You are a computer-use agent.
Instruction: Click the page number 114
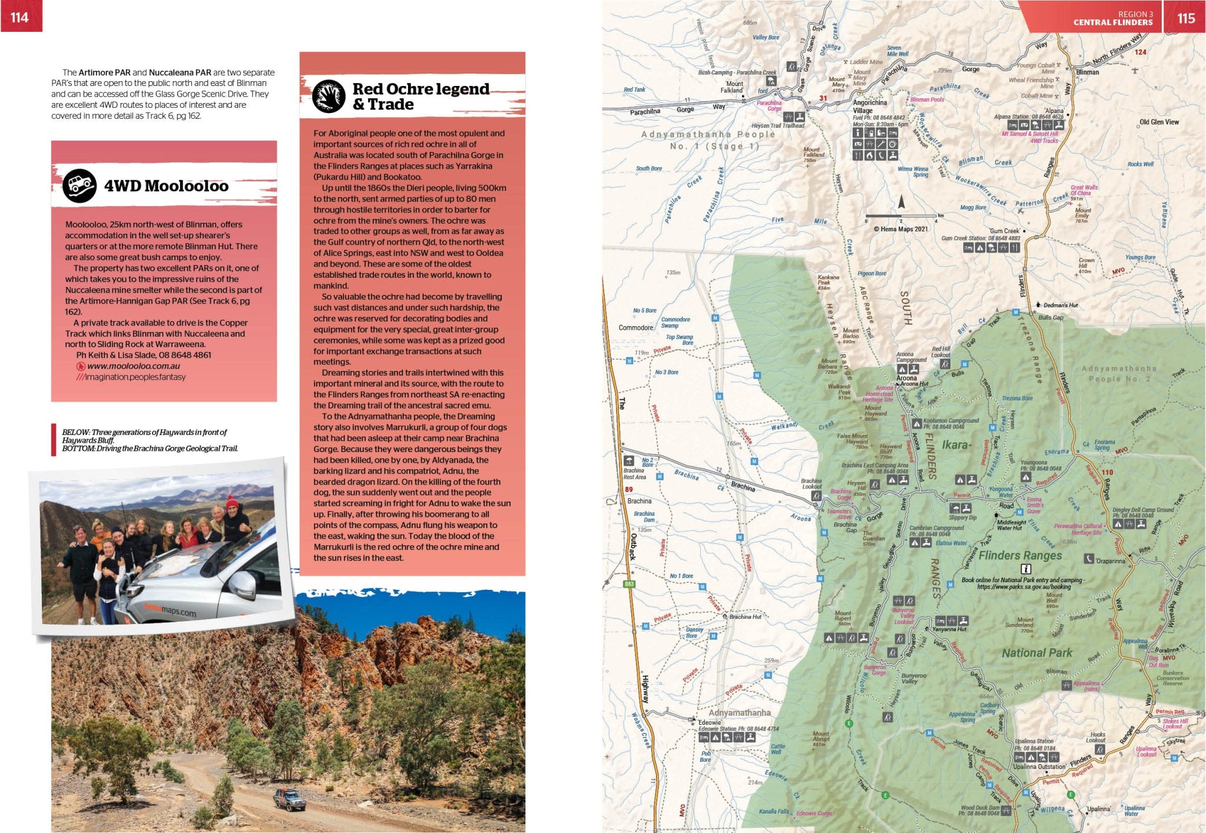pos(19,17)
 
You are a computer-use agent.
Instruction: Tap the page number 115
pos(1186,18)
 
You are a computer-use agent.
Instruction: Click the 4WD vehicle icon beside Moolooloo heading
pos(79,186)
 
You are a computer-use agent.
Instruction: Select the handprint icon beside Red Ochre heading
pos(328,97)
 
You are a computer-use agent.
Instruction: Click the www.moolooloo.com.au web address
pos(134,366)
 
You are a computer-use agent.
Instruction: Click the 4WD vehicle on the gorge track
pos(289,799)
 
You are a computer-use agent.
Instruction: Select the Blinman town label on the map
pos(1087,72)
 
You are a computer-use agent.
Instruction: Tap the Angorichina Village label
pos(869,106)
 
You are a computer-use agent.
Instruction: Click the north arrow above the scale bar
pos(901,203)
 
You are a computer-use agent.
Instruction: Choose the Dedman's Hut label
pos(1061,305)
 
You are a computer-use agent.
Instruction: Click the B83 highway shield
pos(629,584)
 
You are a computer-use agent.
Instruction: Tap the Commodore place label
pos(635,327)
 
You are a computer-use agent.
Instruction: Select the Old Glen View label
pos(1159,122)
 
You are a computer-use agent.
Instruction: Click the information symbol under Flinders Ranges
pos(1026,569)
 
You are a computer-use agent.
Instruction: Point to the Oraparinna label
pos(1110,560)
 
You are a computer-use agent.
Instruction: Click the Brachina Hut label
pos(745,616)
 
